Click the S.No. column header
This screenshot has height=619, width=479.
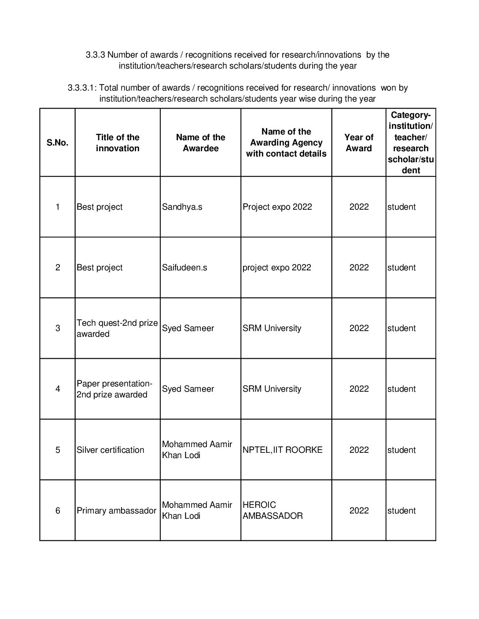tap(57, 143)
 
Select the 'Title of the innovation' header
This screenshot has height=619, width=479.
tap(118, 143)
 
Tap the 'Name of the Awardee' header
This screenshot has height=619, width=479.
tap(200, 143)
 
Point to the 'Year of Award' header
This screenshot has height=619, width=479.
tap(359, 143)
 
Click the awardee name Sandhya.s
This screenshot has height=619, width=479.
tap(182, 207)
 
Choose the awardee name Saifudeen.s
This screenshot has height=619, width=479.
tap(184, 268)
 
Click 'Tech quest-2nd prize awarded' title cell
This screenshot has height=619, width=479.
tap(117, 328)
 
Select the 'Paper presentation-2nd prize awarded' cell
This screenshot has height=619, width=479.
tap(114, 389)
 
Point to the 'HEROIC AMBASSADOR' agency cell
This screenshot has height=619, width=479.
tap(273, 510)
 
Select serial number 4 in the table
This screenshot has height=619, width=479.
tap(58, 389)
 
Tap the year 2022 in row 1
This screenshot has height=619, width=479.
tap(359, 207)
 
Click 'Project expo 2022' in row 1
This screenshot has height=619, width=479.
tap(277, 207)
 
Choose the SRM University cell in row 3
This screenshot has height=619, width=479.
tap(272, 328)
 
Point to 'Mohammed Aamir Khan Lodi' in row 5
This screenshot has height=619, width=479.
tap(197, 450)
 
